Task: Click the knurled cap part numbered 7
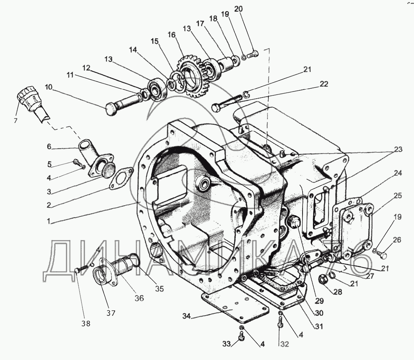pyautogui.click(x=28, y=97)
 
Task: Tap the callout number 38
pyautogui.click(x=86, y=323)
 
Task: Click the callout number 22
pyautogui.click(x=324, y=84)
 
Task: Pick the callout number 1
pyautogui.click(x=49, y=222)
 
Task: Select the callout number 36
pyautogui.click(x=139, y=298)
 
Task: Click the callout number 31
pyautogui.click(x=318, y=327)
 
